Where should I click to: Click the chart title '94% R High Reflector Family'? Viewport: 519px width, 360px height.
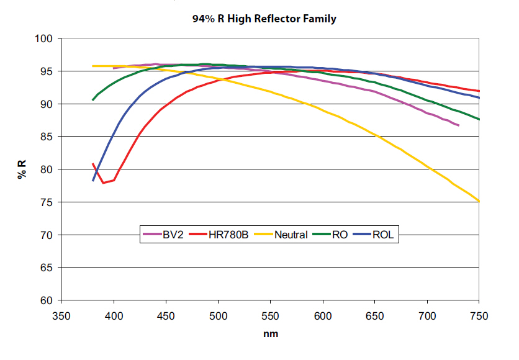[264, 19]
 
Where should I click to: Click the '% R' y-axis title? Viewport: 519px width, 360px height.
[22, 169]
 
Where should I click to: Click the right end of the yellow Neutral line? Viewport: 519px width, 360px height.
[479, 201]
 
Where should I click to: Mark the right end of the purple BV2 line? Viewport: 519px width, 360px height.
[458, 125]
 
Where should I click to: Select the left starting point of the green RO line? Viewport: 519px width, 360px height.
[93, 99]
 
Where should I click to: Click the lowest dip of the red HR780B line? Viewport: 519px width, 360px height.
[104, 182]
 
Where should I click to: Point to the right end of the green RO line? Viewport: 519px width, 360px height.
[479, 119]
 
